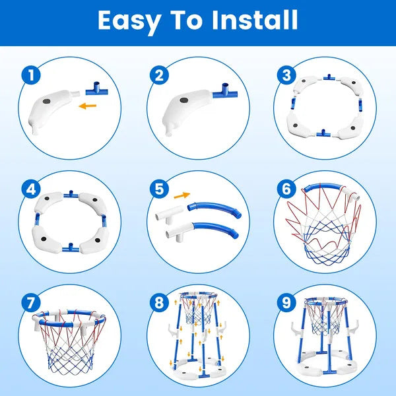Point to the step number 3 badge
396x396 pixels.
pos(285,75)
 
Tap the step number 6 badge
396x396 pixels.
pos(285,189)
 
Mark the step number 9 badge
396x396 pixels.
pos(285,303)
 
